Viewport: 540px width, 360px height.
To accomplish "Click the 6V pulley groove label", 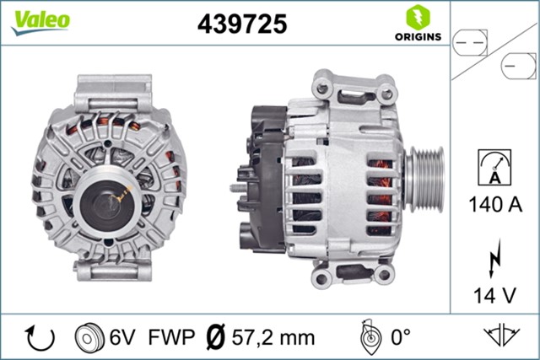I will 121,337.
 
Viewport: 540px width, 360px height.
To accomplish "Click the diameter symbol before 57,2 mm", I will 215,337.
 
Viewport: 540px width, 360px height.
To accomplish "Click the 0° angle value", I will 398,337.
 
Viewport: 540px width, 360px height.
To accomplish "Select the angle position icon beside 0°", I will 368,337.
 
